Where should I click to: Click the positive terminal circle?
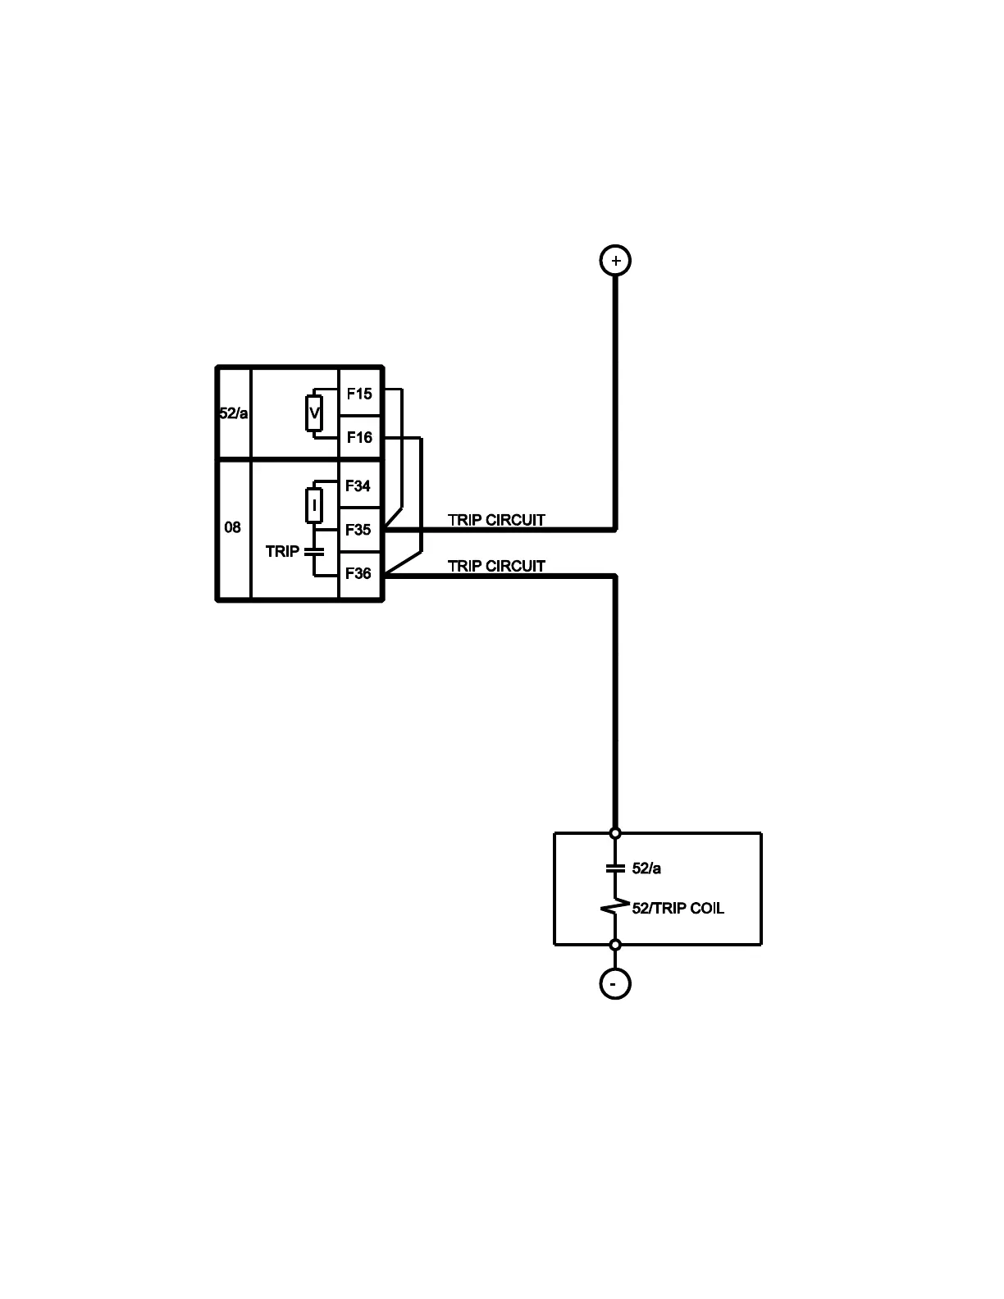615,261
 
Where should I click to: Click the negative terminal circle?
615,982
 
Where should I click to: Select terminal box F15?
359,394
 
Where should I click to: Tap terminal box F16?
359,437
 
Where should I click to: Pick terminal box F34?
358,485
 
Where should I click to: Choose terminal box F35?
358,530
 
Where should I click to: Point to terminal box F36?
358,573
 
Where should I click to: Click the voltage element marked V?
314,413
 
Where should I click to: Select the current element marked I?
314,505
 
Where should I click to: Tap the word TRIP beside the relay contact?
282,551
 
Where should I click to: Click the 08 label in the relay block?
233,526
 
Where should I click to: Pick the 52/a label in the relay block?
233,413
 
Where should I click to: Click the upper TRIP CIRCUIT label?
496,520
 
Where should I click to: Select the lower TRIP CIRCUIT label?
496,566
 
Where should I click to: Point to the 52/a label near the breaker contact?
646,868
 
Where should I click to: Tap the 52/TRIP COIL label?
678,908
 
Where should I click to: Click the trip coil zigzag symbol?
614,908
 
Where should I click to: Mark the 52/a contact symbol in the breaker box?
615,868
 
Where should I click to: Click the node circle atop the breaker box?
615,833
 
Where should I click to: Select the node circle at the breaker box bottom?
615,945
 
